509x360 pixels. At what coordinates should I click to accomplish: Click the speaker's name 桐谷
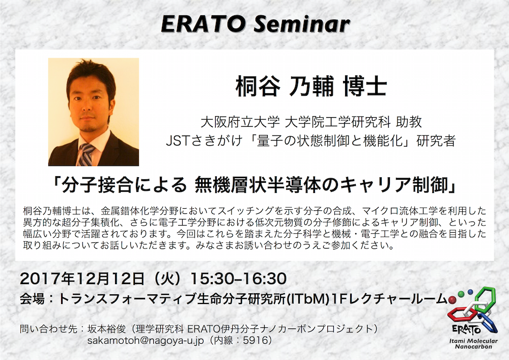[x=258, y=87]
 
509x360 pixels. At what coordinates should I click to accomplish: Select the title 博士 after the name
[x=365, y=87]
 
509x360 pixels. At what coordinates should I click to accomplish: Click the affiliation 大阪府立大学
[x=240, y=122]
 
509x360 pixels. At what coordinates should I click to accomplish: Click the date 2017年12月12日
[x=82, y=279]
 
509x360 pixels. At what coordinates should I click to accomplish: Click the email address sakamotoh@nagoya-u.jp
[x=146, y=340]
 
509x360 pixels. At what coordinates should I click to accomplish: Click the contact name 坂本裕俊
[x=107, y=329]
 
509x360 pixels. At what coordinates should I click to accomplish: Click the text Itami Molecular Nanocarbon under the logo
[x=473, y=344]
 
